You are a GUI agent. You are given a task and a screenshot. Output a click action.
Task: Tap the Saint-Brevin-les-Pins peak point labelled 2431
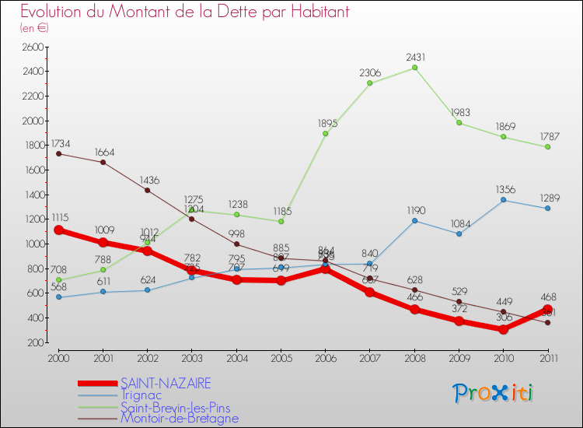(x=414, y=68)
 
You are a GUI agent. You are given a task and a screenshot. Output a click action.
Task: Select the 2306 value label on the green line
(x=370, y=72)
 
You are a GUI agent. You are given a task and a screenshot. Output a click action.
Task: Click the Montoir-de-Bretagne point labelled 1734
(x=58, y=153)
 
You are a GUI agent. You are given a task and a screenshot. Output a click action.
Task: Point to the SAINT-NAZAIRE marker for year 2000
(x=58, y=230)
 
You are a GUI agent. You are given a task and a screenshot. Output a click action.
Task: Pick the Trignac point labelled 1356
(x=504, y=200)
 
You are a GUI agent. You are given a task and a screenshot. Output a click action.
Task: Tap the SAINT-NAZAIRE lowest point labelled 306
(x=504, y=329)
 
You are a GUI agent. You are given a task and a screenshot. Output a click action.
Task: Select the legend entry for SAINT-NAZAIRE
(x=165, y=383)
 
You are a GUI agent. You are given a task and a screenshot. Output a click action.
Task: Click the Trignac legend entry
(x=142, y=395)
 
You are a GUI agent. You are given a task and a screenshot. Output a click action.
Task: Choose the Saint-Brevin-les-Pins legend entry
(x=175, y=407)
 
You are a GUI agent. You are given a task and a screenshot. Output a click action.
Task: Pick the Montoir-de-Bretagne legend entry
(x=179, y=419)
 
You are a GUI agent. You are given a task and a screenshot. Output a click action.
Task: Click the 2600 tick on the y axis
(x=33, y=47)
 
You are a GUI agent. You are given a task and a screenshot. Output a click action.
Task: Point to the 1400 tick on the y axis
(x=33, y=195)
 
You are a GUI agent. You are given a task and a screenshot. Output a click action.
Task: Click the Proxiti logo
(x=494, y=393)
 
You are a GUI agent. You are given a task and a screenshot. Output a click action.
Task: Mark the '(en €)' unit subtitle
(x=34, y=27)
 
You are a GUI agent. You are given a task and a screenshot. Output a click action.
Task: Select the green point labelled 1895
(x=325, y=134)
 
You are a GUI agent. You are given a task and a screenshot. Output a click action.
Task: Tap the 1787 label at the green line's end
(x=547, y=136)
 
